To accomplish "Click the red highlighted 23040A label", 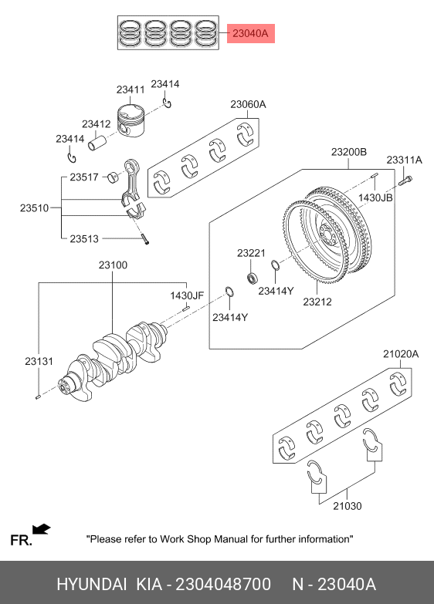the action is point(250,33).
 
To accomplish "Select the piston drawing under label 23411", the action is point(131,120).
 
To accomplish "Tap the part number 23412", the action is point(96,124).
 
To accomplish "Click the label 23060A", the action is point(248,104).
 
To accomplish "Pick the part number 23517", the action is point(84,177).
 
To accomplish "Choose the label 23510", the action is point(34,208).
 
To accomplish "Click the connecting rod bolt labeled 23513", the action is point(144,239).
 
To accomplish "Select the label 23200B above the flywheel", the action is point(349,152).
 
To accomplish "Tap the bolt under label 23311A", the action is point(405,181).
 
